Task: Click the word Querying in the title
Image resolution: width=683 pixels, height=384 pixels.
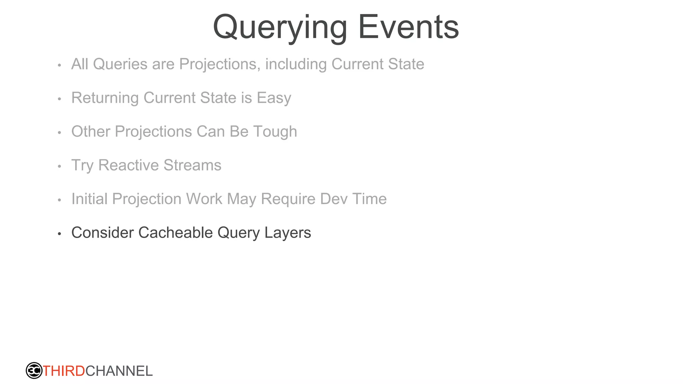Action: pyautogui.click(x=280, y=27)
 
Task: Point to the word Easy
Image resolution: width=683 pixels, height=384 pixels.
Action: pyautogui.click(x=274, y=98)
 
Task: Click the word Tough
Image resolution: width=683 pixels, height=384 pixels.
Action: pyautogui.click(x=275, y=132)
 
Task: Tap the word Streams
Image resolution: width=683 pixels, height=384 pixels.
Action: pyautogui.click(x=192, y=165)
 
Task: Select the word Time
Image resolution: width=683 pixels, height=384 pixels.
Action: pyautogui.click(x=370, y=199)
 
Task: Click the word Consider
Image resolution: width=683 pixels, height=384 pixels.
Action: pyautogui.click(x=102, y=233)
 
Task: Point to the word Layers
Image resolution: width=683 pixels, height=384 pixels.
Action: pyautogui.click(x=288, y=233)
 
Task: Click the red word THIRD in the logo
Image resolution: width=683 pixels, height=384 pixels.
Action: pyautogui.click(x=64, y=371)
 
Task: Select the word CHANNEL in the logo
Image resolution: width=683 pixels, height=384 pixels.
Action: pyautogui.click(x=119, y=371)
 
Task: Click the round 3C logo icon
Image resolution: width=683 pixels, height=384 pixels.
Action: pyautogui.click(x=34, y=371)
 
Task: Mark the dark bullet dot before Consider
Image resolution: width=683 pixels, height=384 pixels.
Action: pyautogui.click(x=59, y=234)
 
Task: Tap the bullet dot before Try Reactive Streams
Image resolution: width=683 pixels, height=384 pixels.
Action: pyautogui.click(x=59, y=166)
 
